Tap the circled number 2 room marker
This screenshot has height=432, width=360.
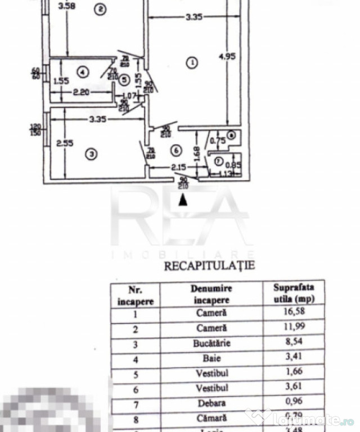101,9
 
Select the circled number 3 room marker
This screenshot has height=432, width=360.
89,154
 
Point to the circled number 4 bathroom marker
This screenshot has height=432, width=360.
82,72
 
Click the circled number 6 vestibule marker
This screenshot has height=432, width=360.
176,150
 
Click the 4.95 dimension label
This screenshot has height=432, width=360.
226,56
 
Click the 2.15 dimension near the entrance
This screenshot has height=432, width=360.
163,167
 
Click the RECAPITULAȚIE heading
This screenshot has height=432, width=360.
209,265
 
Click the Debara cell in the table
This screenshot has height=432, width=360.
211,403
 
